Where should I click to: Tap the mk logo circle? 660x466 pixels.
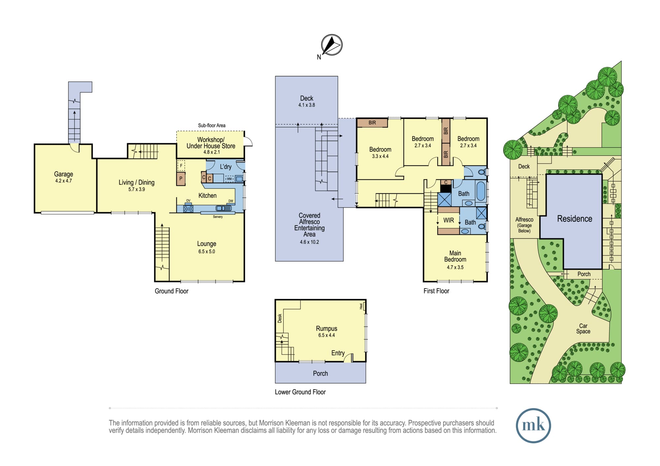click(533, 425)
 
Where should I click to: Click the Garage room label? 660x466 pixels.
click(64, 174)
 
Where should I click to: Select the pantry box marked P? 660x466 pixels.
click(181, 179)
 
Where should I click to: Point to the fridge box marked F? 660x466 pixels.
click(181, 165)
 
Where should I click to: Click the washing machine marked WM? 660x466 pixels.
click(229, 179)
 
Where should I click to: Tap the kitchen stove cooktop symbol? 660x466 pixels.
click(188, 208)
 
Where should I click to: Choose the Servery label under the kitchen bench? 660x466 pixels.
click(218, 217)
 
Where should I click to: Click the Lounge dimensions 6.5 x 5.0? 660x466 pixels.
click(207, 251)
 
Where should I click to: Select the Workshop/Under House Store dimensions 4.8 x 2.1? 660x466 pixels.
click(212, 152)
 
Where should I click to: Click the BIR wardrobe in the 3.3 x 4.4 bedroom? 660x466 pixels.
click(372, 123)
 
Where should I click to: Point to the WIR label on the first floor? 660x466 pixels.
click(448, 220)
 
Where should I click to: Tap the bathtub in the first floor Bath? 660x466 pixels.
click(481, 191)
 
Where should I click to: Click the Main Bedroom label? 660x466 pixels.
click(455, 256)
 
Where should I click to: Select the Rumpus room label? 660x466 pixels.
click(326, 329)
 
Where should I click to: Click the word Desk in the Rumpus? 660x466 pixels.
click(280, 318)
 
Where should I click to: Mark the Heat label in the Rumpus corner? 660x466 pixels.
click(361, 306)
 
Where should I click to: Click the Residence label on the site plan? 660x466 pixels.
click(575, 218)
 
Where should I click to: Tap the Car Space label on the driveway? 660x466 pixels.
click(583, 329)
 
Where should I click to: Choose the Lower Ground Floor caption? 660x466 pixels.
click(300, 392)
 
